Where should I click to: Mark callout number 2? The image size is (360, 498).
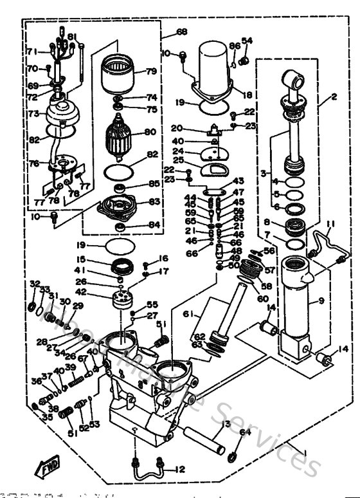click(x=334, y=98)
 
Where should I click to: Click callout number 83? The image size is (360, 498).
click(x=154, y=201)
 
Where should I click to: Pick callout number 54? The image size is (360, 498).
click(x=247, y=41)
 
